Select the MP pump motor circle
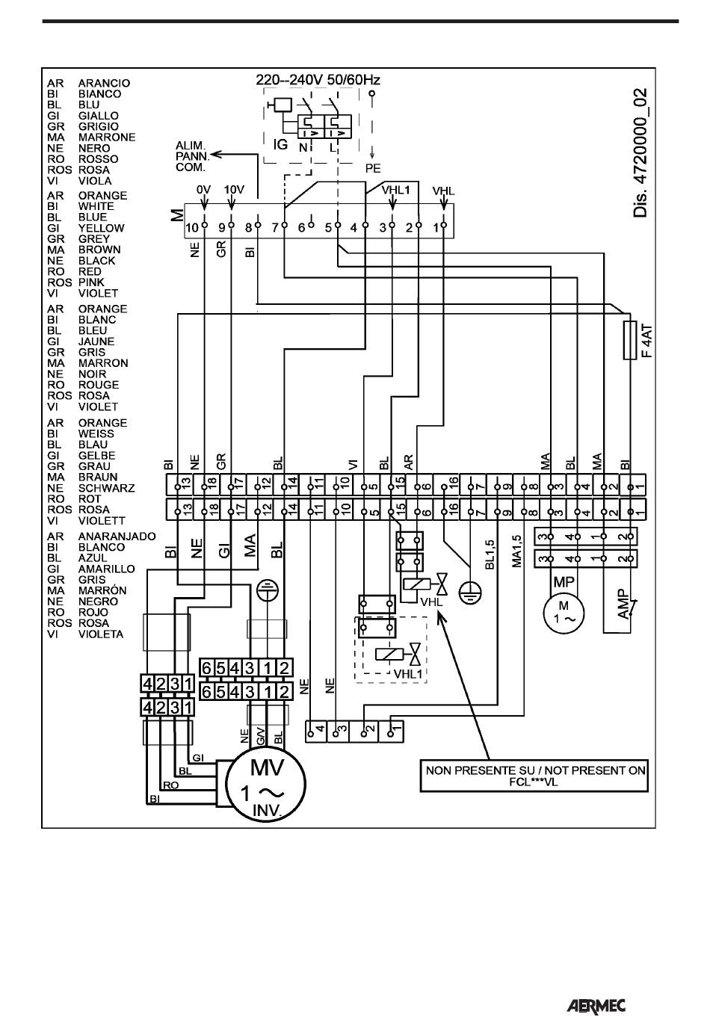pos(564,613)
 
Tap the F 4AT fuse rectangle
pos(629,340)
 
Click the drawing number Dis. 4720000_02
pos(640,153)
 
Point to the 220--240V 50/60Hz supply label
pos(318,80)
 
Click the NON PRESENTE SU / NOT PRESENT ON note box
pos(534,776)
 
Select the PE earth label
pos(373,169)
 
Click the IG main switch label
pos(280,144)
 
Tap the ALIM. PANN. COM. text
pos(192,157)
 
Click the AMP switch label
pos(623,605)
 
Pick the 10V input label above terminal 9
pos(234,190)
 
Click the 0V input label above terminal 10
pos(203,190)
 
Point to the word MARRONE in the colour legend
pos(107,137)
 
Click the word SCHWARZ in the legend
pos(106,488)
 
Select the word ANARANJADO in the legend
pos(117,537)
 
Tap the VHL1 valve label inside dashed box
pos(407,673)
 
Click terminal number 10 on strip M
pos(192,227)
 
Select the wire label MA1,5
pos(516,551)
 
